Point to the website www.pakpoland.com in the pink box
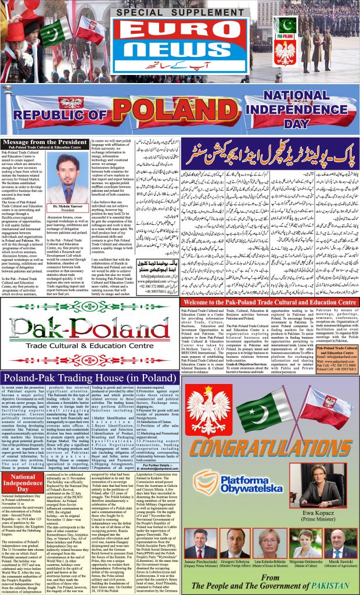coord(338,361)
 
